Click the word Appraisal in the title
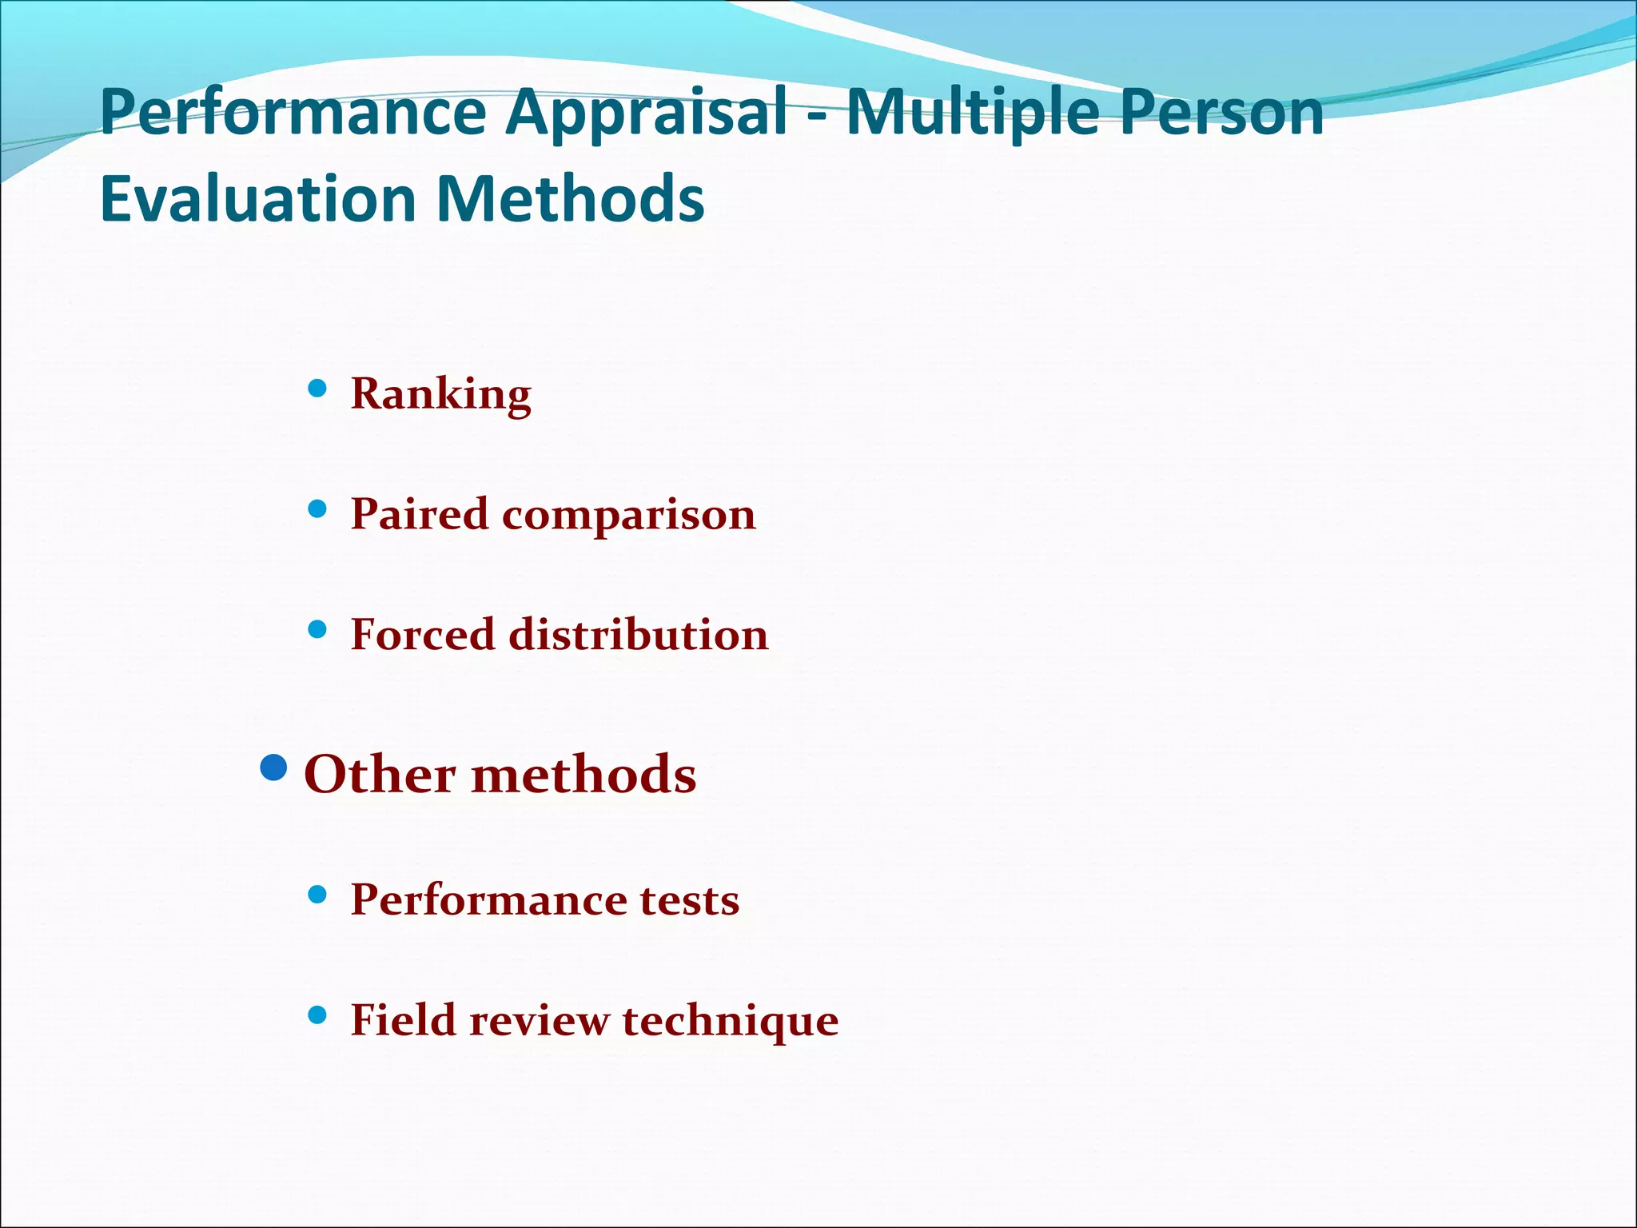[647, 113]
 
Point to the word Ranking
[440, 393]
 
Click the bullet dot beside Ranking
[317, 389]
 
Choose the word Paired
[419, 513]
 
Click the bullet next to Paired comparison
[317, 508]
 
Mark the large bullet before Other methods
[274, 768]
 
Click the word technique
[730, 1021]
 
